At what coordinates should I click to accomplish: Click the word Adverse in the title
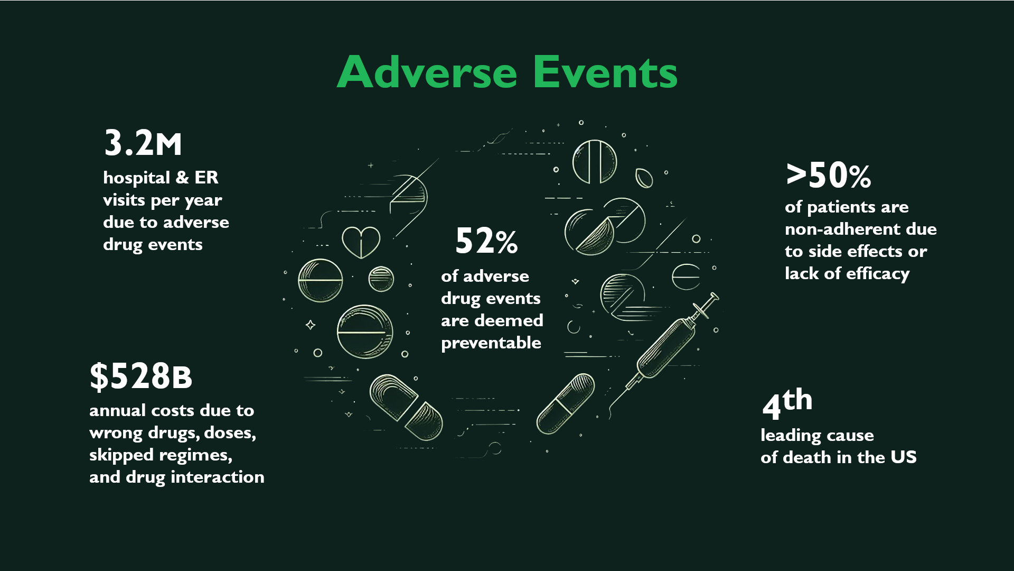click(427, 72)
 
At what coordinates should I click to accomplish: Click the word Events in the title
click(605, 72)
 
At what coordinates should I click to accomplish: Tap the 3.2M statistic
click(143, 143)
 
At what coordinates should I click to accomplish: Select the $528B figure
click(140, 376)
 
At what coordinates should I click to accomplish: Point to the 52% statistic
click(486, 241)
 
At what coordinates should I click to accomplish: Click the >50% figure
click(828, 176)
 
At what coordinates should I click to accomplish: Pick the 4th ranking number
click(787, 403)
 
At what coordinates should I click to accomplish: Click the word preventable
click(491, 343)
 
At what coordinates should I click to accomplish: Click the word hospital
click(137, 178)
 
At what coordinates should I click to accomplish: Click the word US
click(903, 457)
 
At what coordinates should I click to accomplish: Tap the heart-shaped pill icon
click(361, 242)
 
